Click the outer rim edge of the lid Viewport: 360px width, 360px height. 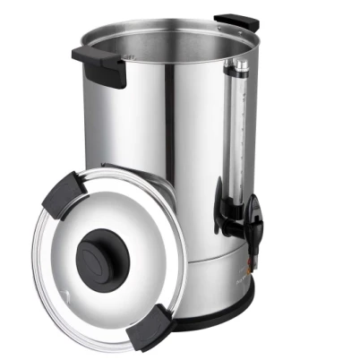(x=39, y=278)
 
